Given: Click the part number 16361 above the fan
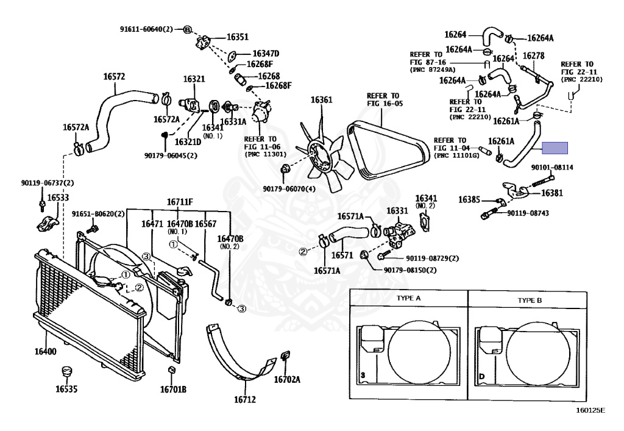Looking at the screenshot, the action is click(321, 99).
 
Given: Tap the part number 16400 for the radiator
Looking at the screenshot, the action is click(45, 351).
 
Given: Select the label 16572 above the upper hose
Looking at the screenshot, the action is click(114, 76).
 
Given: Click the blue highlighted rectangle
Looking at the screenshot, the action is click(555, 148).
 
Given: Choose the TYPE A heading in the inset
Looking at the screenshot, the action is click(408, 298).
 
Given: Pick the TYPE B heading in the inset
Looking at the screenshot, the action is click(530, 301).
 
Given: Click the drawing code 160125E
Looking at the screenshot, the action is click(590, 410).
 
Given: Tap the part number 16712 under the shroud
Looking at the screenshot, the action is click(245, 399).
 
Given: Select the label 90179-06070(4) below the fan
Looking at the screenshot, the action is click(289, 189).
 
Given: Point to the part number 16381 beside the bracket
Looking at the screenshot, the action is click(552, 193).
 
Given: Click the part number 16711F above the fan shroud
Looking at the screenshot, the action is click(180, 202).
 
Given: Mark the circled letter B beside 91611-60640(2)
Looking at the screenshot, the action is click(188, 29).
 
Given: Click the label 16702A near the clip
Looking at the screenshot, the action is click(287, 380).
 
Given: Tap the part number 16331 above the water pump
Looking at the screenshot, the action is click(397, 211).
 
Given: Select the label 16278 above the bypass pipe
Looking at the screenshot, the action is click(533, 56).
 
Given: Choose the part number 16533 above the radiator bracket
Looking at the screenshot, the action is click(58, 198).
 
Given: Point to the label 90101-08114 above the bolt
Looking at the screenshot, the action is click(552, 168).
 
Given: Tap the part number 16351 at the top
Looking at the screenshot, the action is click(238, 37).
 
